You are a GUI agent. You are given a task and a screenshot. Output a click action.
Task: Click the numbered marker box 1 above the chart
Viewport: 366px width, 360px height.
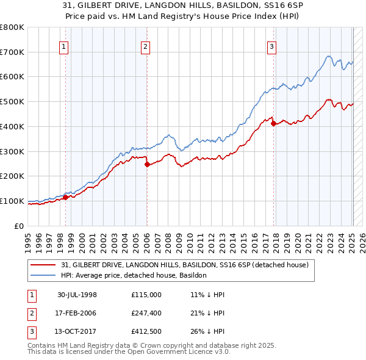(64, 45)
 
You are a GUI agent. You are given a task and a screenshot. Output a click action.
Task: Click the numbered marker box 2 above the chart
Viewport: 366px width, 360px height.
(145, 45)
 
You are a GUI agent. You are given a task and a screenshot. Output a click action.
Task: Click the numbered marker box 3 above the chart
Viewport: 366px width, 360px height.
(271, 45)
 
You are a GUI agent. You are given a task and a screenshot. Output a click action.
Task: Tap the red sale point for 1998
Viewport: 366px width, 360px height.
(65, 196)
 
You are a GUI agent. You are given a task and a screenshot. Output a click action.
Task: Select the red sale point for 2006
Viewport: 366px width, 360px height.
(147, 164)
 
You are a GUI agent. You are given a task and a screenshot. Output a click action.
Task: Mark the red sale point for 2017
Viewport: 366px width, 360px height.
(273, 123)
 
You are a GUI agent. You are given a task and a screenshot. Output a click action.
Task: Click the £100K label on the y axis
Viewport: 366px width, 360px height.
(12, 201)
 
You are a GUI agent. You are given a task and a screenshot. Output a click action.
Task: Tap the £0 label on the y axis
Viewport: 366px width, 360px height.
(19, 226)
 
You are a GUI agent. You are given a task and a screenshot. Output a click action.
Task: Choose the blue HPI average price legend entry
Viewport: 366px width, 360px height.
(134, 275)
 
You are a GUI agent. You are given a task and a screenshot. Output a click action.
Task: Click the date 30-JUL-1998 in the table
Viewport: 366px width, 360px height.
(77, 295)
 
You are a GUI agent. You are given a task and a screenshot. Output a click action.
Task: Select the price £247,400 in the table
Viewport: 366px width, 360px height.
(146, 313)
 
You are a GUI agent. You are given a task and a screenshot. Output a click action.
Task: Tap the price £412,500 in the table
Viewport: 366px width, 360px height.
(146, 331)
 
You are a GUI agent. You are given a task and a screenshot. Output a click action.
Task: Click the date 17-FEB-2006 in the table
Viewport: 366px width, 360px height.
(77, 313)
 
